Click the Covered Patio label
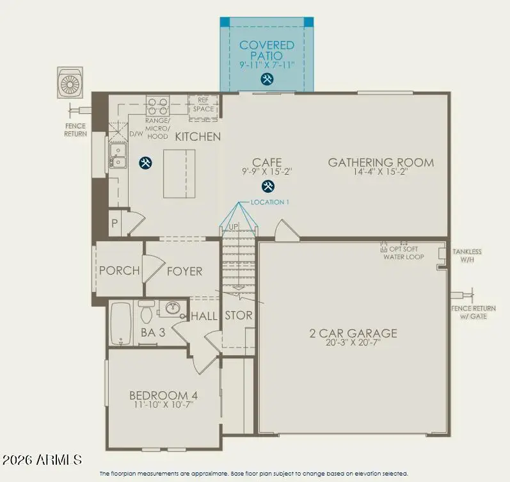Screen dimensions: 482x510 point(267,51)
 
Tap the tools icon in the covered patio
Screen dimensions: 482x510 point(267,79)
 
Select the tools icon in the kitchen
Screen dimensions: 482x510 point(146,163)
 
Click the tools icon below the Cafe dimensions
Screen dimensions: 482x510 point(268,187)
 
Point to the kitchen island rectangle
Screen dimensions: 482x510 point(179,173)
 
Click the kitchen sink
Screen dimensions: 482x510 point(118,156)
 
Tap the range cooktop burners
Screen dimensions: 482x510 point(157,104)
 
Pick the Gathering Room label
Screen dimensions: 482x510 point(381,162)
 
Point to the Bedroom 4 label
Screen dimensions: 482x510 point(159,395)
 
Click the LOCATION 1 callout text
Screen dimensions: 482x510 point(270,202)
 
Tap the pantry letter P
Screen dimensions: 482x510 point(115,224)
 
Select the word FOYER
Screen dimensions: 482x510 point(184,271)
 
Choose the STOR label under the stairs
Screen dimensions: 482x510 point(238,316)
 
